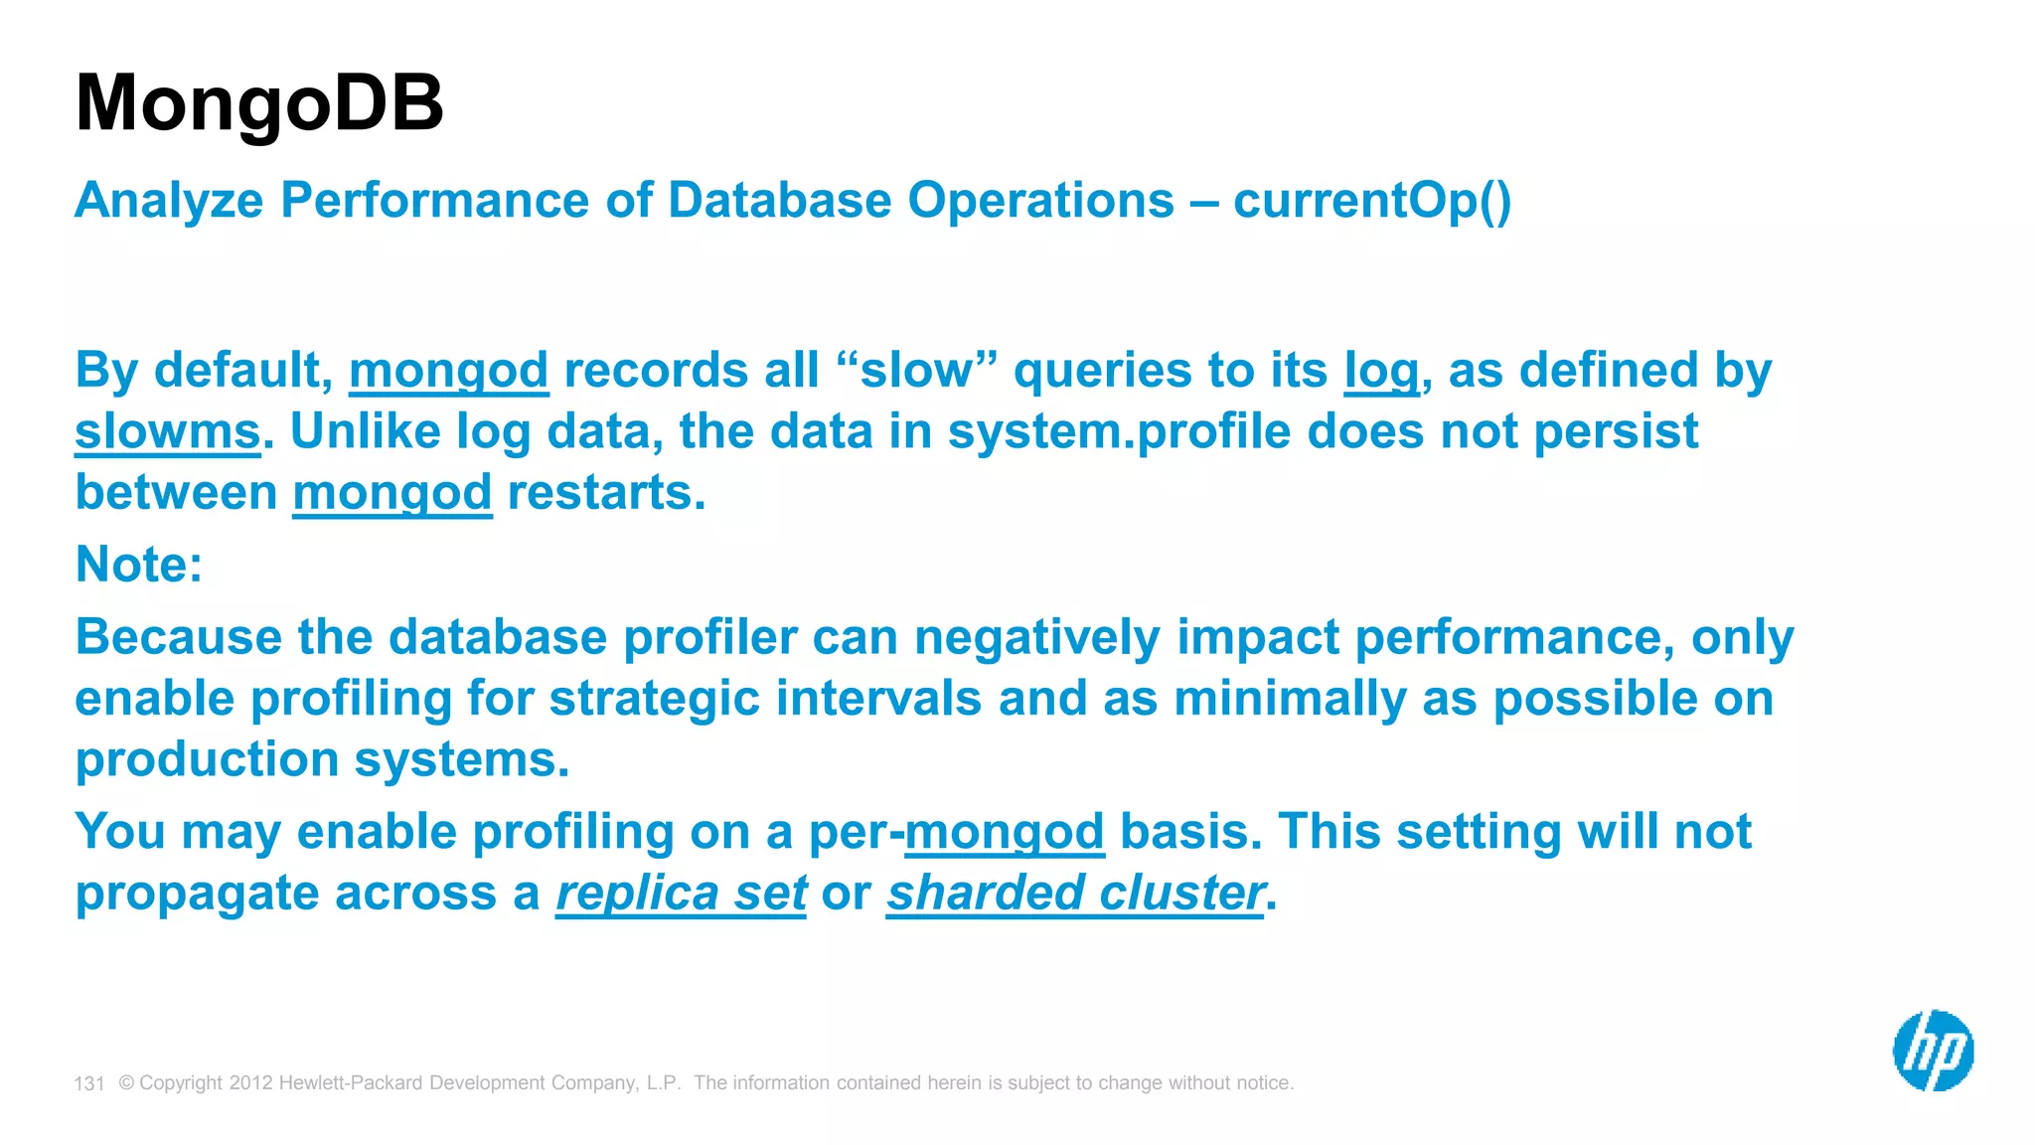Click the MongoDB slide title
coord(259,103)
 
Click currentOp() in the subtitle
coord(1371,201)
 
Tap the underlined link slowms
coord(167,432)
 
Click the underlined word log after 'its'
coord(1381,372)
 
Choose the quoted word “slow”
coord(915,371)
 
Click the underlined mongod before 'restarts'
coord(391,494)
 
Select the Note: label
coord(139,565)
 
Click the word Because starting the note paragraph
coord(178,637)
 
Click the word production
coord(207,760)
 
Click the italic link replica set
coord(681,893)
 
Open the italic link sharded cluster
coord(1074,893)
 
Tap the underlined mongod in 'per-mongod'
coord(1004,832)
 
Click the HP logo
coord(1932,1050)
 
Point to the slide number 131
coord(89,1083)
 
